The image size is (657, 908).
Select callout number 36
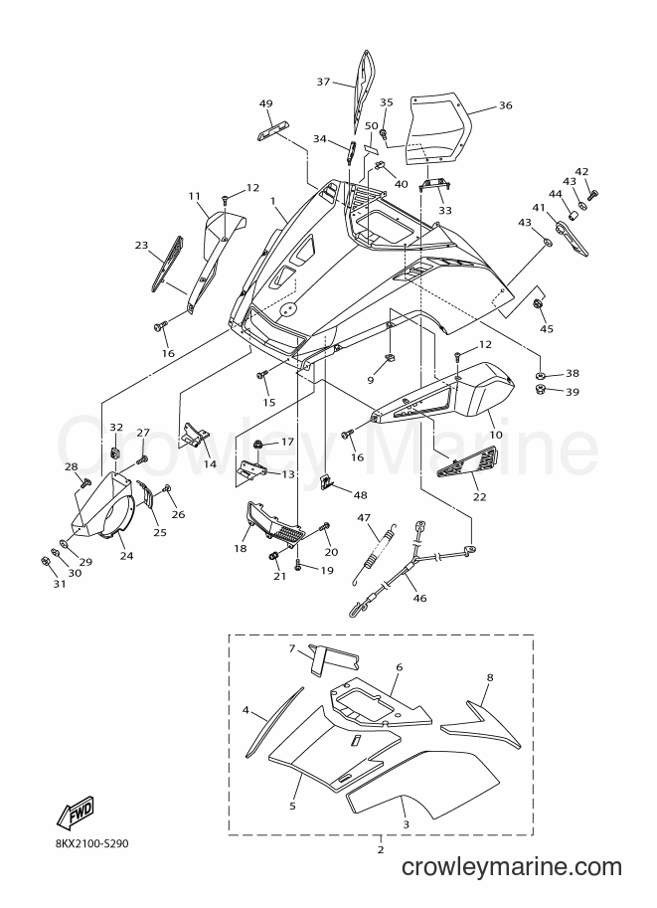point(505,105)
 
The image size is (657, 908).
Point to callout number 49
point(265,103)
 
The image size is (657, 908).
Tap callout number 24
point(126,556)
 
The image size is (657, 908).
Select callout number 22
point(480,496)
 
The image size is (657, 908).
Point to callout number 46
point(419,598)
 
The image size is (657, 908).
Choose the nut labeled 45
point(538,304)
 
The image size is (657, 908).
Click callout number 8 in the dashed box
point(490,677)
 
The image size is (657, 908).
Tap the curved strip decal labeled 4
point(273,722)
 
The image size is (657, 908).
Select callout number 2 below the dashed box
point(381,850)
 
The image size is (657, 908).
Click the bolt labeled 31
point(44,561)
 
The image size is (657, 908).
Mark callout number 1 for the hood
point(272,201)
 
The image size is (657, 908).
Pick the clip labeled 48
point(328,480)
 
